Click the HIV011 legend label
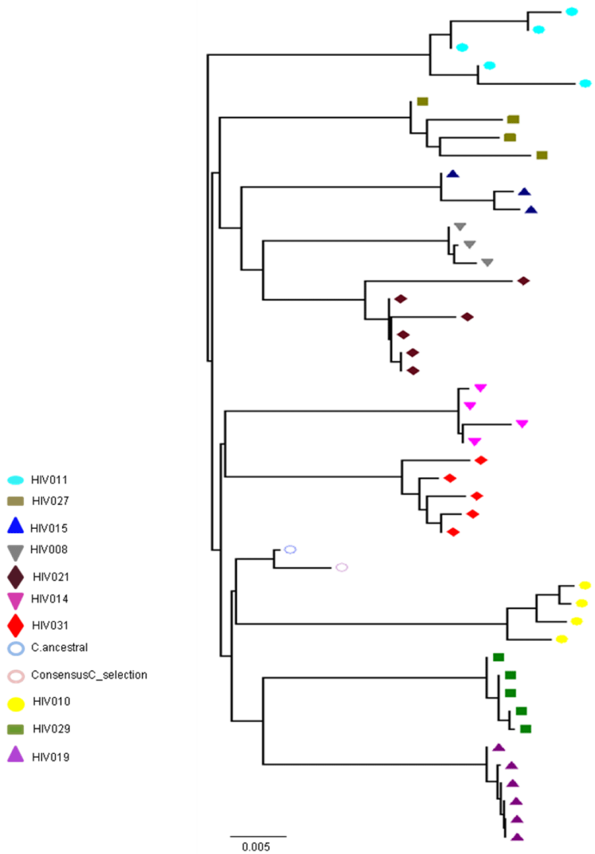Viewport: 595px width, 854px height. pos(49,480)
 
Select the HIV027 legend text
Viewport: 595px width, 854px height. pos(51,500)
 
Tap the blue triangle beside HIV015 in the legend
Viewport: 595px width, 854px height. pos(15,525)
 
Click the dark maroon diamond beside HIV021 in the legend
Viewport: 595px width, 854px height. pos(15,577)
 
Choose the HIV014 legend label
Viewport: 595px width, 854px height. pos(49,599)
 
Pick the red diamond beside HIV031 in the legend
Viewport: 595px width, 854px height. pos(15,626)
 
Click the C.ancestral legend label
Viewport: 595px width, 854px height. pos(59,647)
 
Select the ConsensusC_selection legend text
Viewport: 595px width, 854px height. pos(89,675)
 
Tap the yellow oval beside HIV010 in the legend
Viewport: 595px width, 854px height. pos(16,704)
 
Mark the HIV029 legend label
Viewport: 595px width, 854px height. pos(52,729)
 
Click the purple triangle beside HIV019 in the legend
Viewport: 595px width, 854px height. pos(15,754)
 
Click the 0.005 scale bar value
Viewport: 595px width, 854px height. pos(256,847)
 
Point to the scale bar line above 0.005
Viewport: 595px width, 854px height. pos(258,836)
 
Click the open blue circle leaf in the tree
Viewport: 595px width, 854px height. pos(290,549)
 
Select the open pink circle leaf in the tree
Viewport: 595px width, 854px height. pos(342,568)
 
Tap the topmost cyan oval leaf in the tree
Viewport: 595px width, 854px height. pos(572,12)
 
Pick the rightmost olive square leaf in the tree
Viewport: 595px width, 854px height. pos(542,155)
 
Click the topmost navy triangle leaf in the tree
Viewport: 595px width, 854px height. pos(453,174)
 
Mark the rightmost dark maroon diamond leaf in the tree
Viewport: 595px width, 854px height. pos(524,281)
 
